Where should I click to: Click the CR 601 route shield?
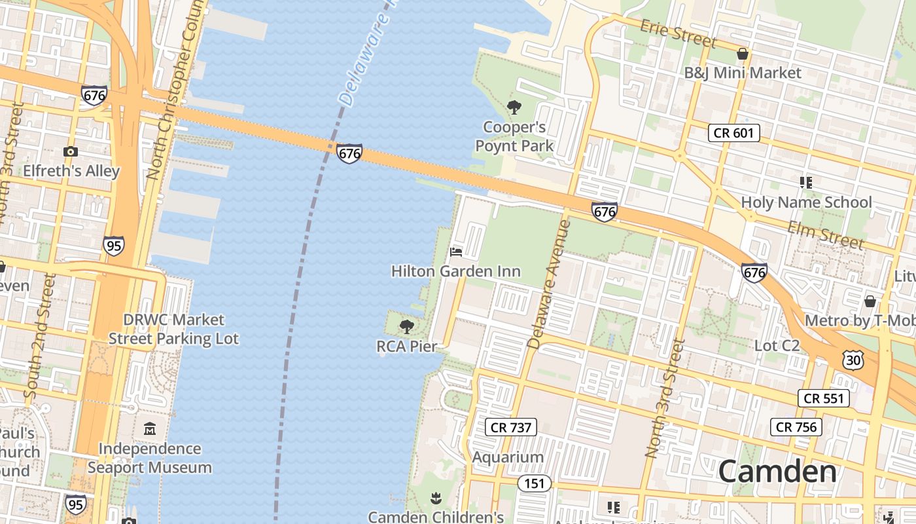tap(734, 133)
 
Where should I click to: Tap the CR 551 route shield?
tap(824, 398)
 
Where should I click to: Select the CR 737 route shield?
tap(512, 428)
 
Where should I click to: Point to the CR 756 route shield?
tap(796, 427)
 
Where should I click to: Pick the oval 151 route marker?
tap(535, 483)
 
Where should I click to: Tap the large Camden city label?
tap(777, 472)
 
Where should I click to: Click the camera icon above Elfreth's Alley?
tap(71, 152)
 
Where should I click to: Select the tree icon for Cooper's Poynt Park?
tap(514, 107)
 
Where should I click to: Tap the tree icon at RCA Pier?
tap(407, 326)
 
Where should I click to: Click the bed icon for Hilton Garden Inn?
tap(456, 252)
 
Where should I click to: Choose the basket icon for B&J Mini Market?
tap(743, 54)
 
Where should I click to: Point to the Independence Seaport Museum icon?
tap(150, 429)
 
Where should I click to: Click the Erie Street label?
tap(678, 33)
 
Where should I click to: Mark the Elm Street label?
tap(826, 234)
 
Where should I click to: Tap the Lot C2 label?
tap(777, 345)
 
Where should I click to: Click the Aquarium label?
tap(508, 457)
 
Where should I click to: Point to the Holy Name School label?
tap(806, 202)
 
